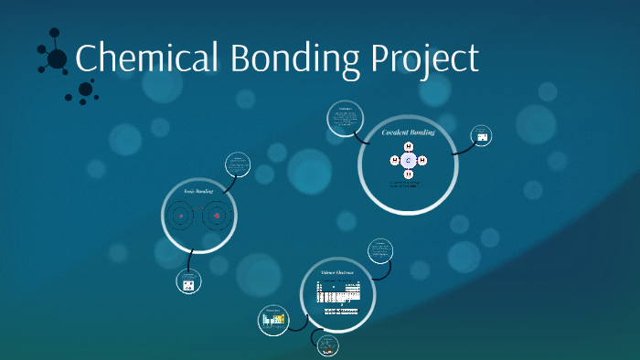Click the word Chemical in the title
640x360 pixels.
tap(146, 58)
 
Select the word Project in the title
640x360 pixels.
tap(425, 60)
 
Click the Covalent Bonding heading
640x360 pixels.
tap(408, 133)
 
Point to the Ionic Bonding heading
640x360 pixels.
tap(197, 191)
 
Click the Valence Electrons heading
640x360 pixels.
tap(336, 273)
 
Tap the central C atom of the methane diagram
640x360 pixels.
tap(409, 161)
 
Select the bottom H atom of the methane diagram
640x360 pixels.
tap(409, 174)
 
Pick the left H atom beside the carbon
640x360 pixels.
tap(395, 161)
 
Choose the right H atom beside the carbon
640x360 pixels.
tap(422, 161)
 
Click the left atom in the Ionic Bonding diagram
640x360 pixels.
tap(181, 217)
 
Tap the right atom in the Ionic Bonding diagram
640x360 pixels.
tap(216, 217)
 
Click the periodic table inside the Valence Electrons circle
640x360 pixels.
tap(340, 293)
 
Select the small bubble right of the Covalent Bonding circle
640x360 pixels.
tap(482, 137)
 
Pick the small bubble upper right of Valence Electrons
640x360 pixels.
tap(380, 251)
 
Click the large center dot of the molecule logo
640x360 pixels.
tap(57, 59)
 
